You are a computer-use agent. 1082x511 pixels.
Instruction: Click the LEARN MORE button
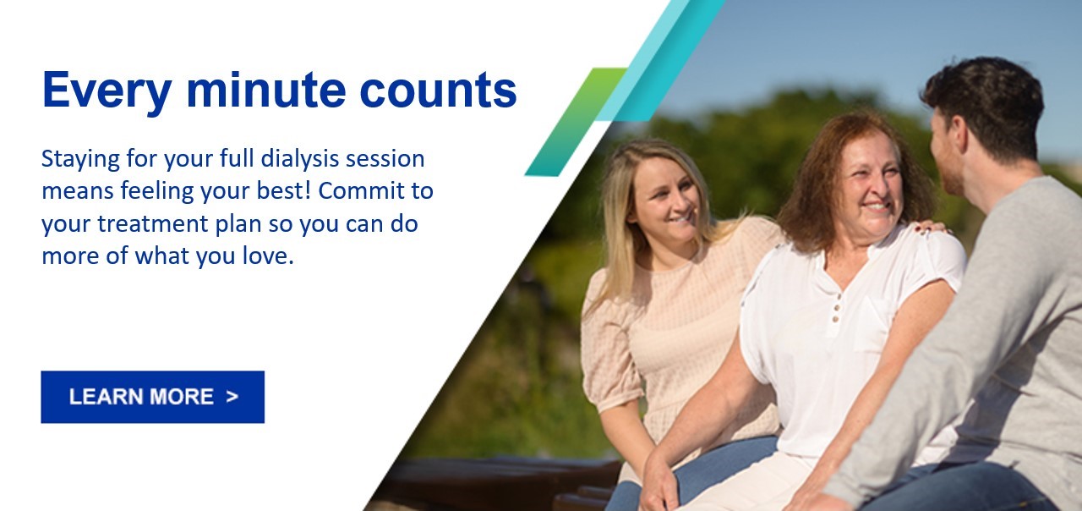[x=153, y=397]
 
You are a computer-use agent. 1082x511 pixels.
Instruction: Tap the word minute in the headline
[x=266, y=90]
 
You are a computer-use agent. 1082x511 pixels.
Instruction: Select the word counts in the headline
[x=438, y=91]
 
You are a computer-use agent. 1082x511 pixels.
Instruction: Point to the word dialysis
[x=300, y=160]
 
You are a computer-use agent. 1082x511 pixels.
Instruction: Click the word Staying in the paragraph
[x=80, y=160]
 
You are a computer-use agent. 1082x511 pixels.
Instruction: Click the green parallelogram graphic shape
[x=577, y=121]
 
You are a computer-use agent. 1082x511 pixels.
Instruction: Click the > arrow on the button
[x=232, y=397]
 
